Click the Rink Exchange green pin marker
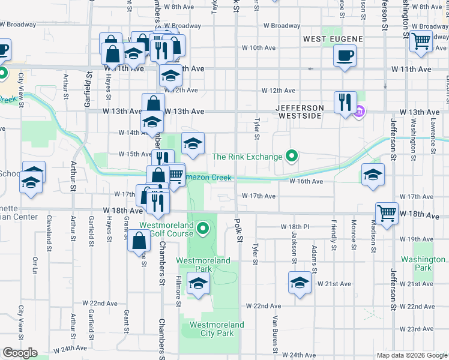tap(292, 157)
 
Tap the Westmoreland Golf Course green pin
tap(203, 227)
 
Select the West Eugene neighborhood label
tap(333, 39)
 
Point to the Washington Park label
tap(423, 263)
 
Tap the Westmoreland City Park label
tap(217, 329)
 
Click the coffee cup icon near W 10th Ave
tap(344, 56)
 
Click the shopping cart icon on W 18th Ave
tap(387, 213)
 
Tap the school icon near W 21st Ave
tap(300, 282)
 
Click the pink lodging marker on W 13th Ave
tap(360, 112)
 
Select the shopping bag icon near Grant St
tap(139, 241)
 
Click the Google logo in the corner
tap(19, 353)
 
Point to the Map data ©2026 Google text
tap(411, 355)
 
